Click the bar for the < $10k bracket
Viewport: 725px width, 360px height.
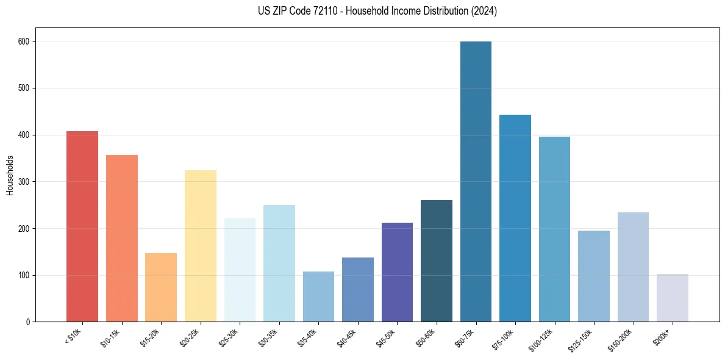click(x=82, y=226)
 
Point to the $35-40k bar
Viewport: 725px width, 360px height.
click(x=318, y=297)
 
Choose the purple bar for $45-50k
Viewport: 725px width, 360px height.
click(x=397, y=272)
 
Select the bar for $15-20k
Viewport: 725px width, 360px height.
click(x=161, y=287)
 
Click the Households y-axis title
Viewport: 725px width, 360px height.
click(x=10, y=175)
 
